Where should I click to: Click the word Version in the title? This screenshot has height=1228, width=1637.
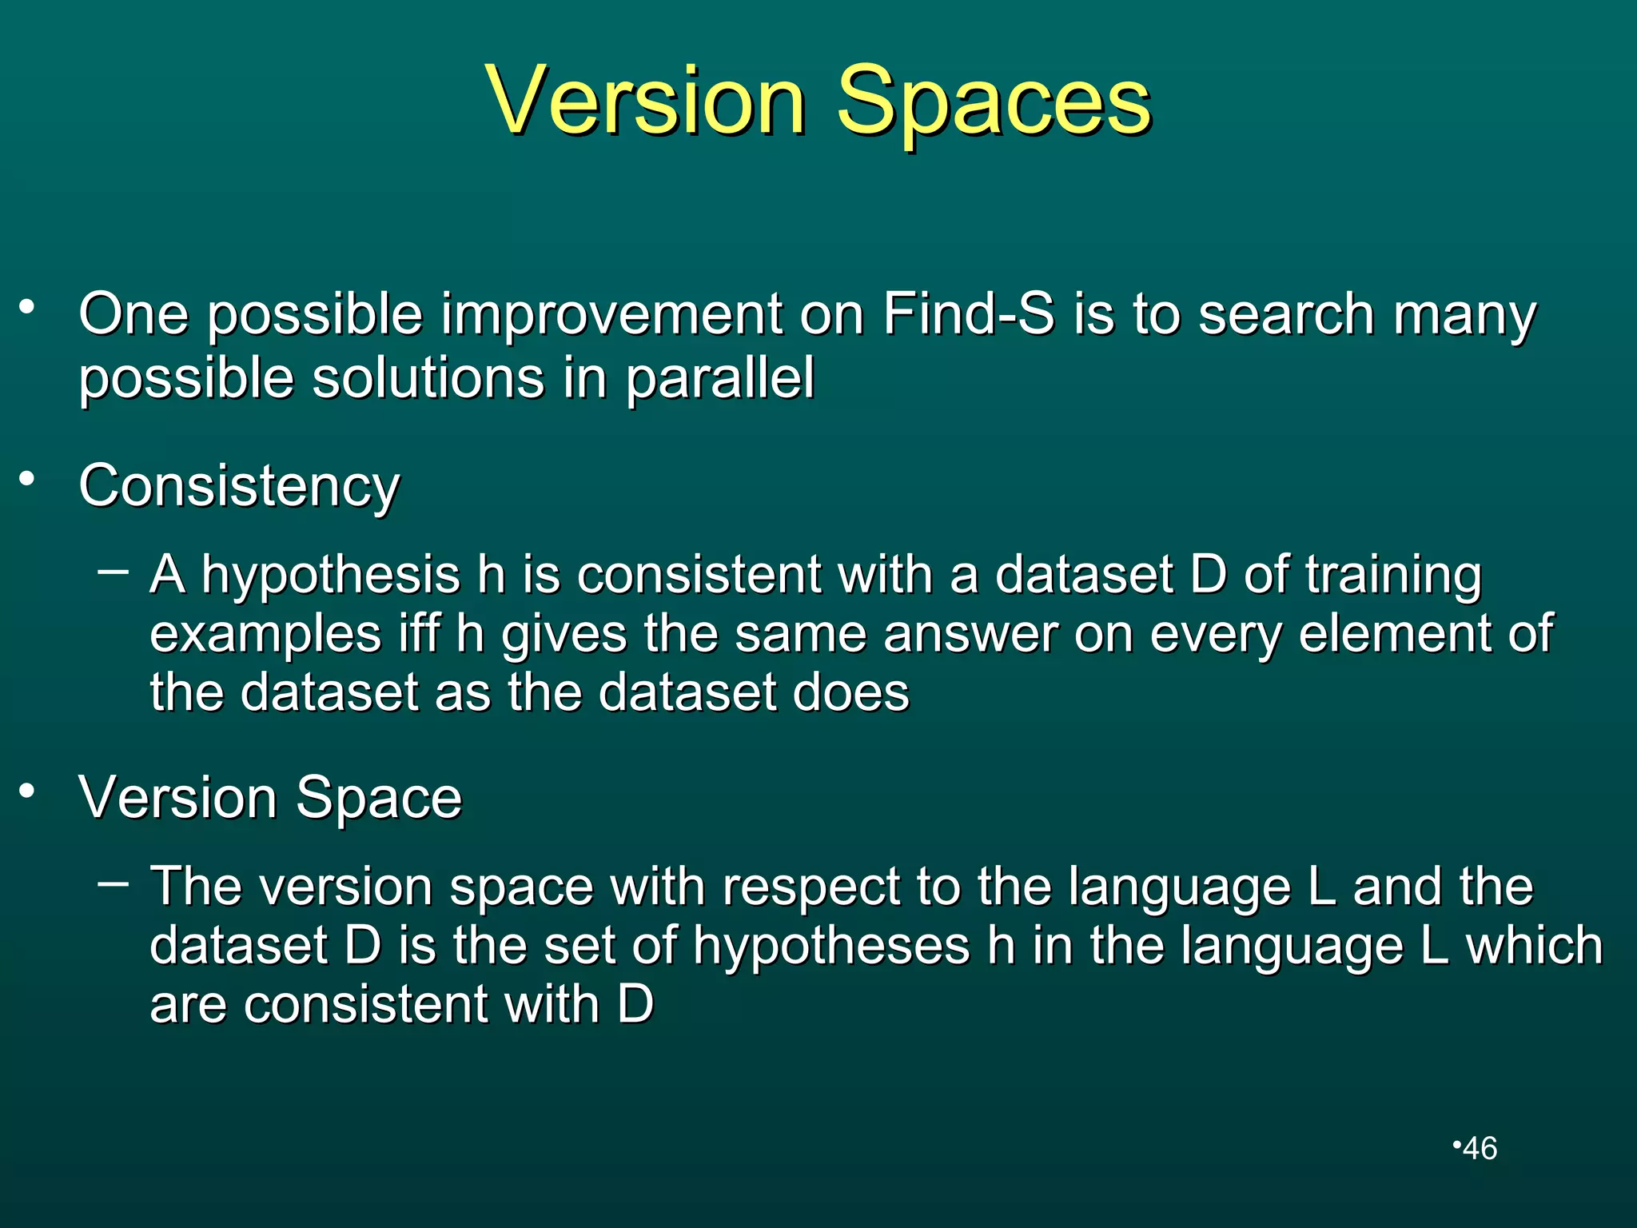tap(646, 102)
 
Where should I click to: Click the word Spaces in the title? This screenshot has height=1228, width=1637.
tap(993, 102)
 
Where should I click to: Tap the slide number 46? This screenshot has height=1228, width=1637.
tap(1480, 1149)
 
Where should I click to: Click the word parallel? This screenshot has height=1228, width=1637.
tap(719, 378)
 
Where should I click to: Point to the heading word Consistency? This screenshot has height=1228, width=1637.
tap(239, 486)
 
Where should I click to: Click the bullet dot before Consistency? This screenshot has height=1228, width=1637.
tap(28, 479)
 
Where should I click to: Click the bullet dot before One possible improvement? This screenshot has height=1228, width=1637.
tap(28, 306)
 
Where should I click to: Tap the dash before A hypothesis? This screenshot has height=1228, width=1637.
tap(113, 570)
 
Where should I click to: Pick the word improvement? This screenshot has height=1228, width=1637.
tap(612, 313)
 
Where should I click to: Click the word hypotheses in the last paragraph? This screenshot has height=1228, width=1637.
tap(831, 946)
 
